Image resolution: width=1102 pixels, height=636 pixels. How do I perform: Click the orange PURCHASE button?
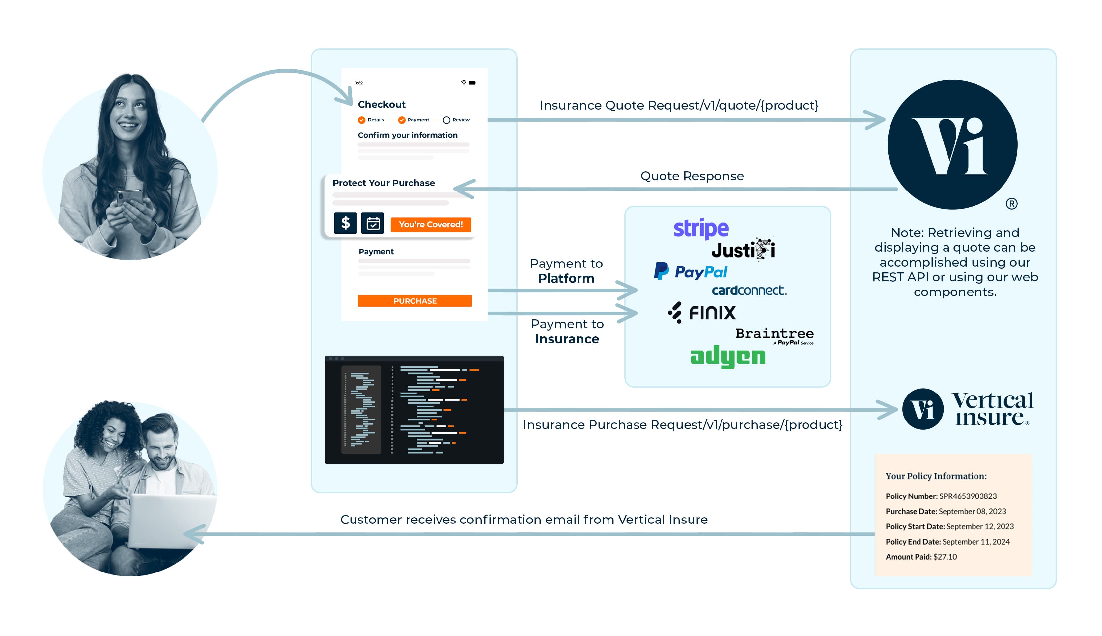point(414,301)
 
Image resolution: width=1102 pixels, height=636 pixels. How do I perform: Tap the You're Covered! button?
point(430,224)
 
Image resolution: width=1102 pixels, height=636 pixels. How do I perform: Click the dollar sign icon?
point(345,223)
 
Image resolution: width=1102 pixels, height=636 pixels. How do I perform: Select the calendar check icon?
point(373,223)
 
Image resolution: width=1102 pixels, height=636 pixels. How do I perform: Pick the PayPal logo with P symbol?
point(691,272)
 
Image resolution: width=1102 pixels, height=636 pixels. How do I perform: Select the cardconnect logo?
point(749,291)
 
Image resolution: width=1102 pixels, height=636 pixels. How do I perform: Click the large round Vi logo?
point(952,144)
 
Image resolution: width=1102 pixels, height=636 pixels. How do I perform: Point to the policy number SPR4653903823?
point(967,496)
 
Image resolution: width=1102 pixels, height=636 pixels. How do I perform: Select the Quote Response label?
point(692,176)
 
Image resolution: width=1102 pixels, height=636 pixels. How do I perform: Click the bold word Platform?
point(566,278)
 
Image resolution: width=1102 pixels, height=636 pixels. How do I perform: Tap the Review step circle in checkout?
point(446,120)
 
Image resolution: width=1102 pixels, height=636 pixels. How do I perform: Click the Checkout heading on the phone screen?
point(381,104)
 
